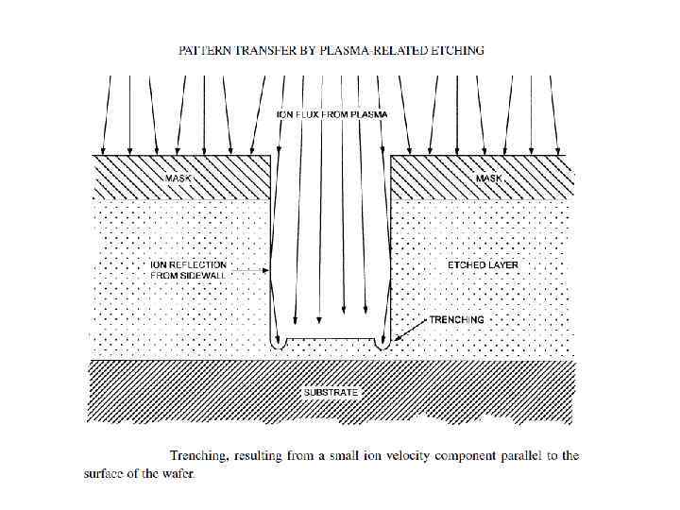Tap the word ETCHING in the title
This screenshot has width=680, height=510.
tap(454, 50)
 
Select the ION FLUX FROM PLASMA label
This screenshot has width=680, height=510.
tap(331, 114)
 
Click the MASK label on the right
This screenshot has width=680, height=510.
tap(490, 177)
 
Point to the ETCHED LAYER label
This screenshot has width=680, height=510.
tap(483, 265)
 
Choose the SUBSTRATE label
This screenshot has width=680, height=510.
tap(331, 390)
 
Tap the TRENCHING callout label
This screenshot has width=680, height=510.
tap(457, 319)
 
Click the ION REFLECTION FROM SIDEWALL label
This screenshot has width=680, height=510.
tap(188, 270)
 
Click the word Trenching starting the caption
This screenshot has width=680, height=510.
tap(196, 456)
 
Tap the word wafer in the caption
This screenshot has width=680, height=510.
tap(178, 473)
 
